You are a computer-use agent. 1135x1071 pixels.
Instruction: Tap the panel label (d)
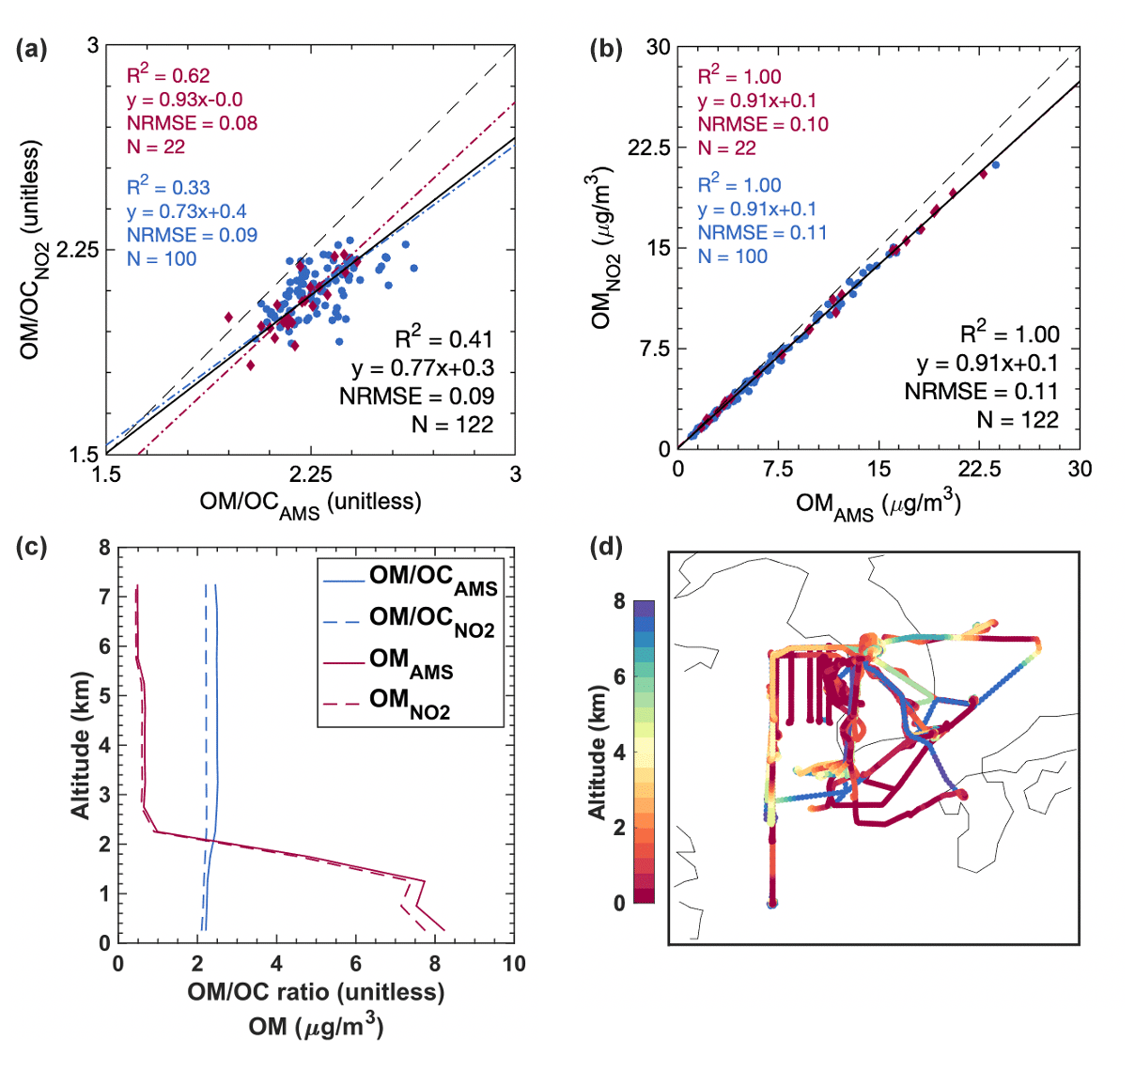pyautogui.click(x=605, y=546)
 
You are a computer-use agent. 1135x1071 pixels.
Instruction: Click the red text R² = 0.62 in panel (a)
pyautogui.click(x=168, y=75)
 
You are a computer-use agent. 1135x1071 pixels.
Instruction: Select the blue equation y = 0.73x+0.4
pyautogui.click(x=186, y=211)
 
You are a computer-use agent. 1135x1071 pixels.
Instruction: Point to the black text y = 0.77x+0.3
pyautogui.click(x=423, y=367)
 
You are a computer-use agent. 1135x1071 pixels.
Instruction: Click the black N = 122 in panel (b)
pyautogui.click(x=1018, y=419)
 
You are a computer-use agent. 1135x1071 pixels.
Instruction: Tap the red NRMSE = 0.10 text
pyautogui.click(x=763, y=124)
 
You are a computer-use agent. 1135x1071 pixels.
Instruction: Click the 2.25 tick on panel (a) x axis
pyautogui.click(x=310, y=474)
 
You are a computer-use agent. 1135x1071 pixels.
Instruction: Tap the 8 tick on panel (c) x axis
pyautogui.click(x=435, y=964)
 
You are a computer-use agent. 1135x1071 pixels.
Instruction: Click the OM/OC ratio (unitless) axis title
pyautogui.click(x=316, y=992)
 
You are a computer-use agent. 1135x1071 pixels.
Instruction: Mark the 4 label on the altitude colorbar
pyautogui.click(x=619, y=753)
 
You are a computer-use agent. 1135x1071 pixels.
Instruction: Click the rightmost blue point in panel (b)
pyautogui.click(x=995, y=165)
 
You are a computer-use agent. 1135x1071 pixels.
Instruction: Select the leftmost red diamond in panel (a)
pyautogui.click(x=228, y=318)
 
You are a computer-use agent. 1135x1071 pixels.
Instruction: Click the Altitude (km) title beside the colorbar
pyautogui.click(x=598, y=752)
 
